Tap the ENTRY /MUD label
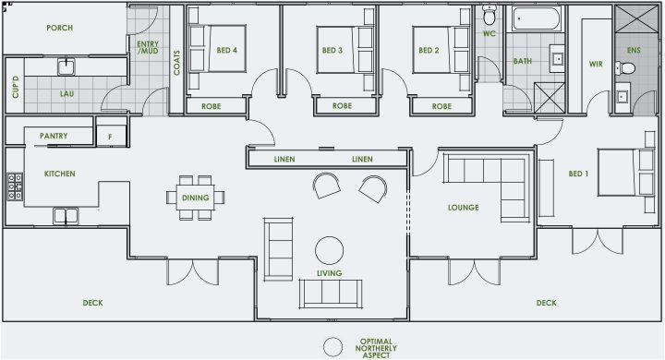[x=148, y=47]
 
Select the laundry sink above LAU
[x=67, y=66]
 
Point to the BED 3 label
[x=332, y=50]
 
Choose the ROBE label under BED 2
[x=441, y=106]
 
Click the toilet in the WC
[x=489, y=14]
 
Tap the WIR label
[x=596, y=64]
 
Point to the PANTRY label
[x=53, y=136]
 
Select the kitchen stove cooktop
[x=15, y=187]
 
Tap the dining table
[x=196, y=198]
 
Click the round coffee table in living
[x=329, y=249]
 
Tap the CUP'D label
[x=16, y=88]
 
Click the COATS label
[x=177, y=64]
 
